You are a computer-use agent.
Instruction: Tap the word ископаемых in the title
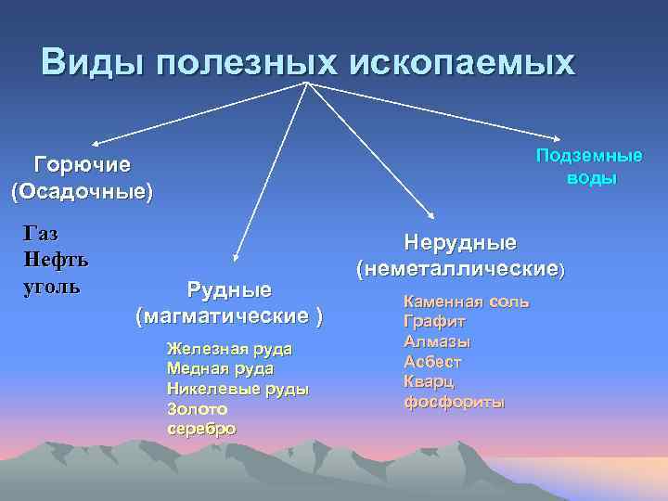coord(462,62)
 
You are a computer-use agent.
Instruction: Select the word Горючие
coord(82,165)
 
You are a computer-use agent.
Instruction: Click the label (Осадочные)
coord(82,192)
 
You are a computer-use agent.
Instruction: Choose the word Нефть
coord(55,260)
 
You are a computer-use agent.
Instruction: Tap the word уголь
coord(51,285)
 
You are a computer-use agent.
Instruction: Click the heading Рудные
coord(229,289)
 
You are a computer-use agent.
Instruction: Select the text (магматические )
coord(229,316)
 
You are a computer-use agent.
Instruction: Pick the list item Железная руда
coord(229,349)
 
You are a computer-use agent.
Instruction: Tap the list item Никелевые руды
coord(238,389)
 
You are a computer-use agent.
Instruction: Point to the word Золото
coord(197,409)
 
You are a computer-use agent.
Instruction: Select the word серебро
coord(201,429)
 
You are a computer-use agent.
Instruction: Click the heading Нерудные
coord(460,242)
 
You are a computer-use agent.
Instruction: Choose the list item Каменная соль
coord(467,302)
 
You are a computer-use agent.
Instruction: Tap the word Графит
coord(434,323)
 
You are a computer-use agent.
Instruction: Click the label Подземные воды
coord(589,166)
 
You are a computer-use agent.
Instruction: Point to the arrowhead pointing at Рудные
coord(236,257)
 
